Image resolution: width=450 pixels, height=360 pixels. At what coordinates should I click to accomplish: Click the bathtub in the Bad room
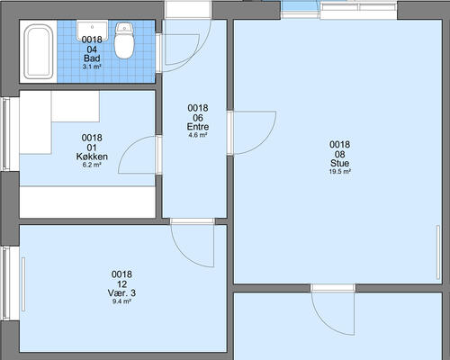click(x=38, y=51)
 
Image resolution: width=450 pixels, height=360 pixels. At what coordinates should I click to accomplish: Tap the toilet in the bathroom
click(x=124, y=40)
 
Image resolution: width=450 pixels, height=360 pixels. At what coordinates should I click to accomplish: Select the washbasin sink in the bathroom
click(x=92, y=31)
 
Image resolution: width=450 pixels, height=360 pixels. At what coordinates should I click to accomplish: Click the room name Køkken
click(x=92, y=157)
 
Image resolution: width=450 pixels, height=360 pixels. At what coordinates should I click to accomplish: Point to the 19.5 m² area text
click(x=339, y=172)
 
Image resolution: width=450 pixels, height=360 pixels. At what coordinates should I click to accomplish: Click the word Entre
click(x=198, y=127)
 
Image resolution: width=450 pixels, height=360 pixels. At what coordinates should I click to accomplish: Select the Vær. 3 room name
click(x=121, y=292)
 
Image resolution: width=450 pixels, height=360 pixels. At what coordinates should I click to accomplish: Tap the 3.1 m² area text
click(x=92, y=67)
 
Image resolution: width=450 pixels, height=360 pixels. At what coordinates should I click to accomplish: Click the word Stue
click(x=339, y=163)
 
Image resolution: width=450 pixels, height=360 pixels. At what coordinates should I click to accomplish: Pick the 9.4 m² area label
click(x=121, y=301)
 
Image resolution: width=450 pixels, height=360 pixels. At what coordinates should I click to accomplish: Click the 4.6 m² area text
click(x=198, y=135)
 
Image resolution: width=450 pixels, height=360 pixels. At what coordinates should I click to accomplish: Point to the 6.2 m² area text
click(x=92, y=165)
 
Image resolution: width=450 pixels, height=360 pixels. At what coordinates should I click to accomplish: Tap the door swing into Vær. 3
click(x=183, y=255)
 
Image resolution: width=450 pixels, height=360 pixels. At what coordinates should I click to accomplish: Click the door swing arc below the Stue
click(x=324, y=323)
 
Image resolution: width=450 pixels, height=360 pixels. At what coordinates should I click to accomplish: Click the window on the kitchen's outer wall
click(x=6, y=134)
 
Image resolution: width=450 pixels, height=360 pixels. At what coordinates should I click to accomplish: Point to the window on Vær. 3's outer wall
click(x=6, y=283)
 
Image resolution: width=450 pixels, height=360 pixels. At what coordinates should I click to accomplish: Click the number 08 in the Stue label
click(x=339, y=154)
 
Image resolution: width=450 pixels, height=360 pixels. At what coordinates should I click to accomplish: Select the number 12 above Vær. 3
click(x=121, y=283)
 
